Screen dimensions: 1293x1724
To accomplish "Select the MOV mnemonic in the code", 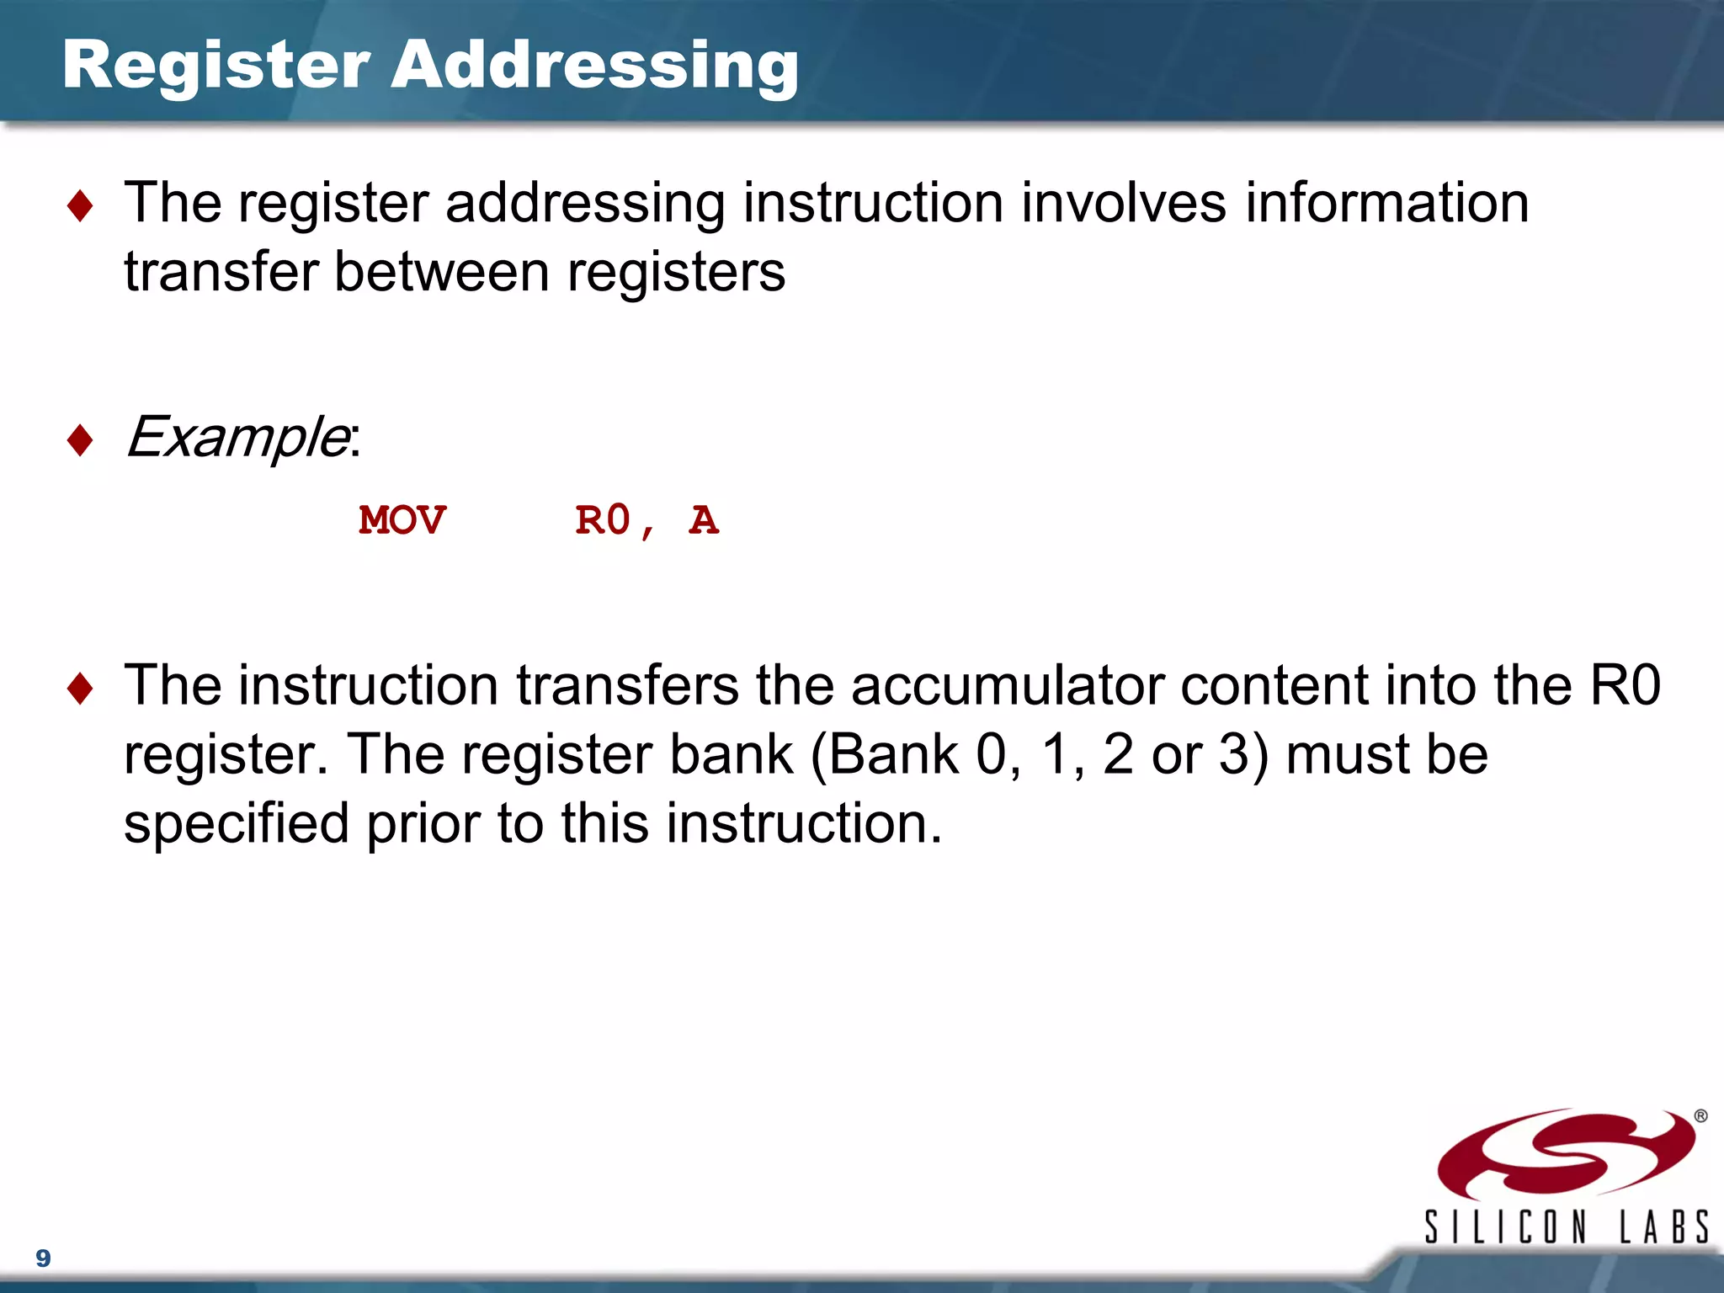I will (402, 520).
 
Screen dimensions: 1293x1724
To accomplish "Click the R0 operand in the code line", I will (603, 520).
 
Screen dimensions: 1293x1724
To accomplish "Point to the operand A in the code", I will (704, 520).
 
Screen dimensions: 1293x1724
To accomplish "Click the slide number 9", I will (43, 1258).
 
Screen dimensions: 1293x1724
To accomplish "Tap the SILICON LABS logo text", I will (1566, 1226).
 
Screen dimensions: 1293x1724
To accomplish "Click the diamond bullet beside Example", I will (80, 439).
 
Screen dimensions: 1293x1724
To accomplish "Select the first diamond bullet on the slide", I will (80, 206).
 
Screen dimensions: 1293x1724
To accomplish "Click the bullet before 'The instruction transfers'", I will (80, 688).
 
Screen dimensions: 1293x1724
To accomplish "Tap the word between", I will (441, 272).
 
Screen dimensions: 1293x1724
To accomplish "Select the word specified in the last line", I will (237, 823).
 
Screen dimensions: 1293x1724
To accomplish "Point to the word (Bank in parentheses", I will (884, 754).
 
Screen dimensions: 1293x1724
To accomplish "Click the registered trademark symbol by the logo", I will (1700, 1116).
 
